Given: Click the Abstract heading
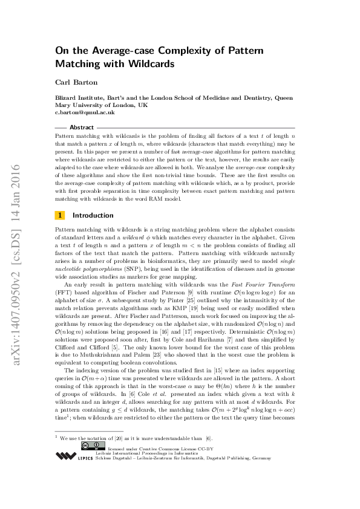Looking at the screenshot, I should coord(82,128).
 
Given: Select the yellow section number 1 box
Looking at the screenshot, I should coord(60,215).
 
